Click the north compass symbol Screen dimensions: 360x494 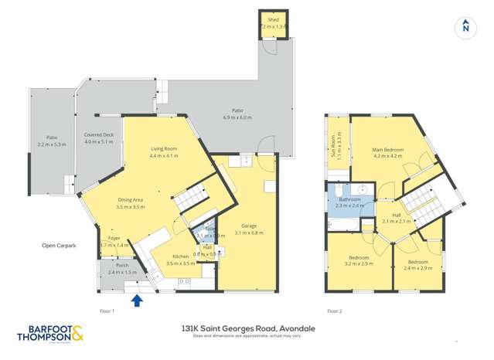tap(465, 25)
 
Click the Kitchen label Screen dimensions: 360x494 tap(180, 256)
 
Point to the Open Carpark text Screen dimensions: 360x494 tap(59, 246)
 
